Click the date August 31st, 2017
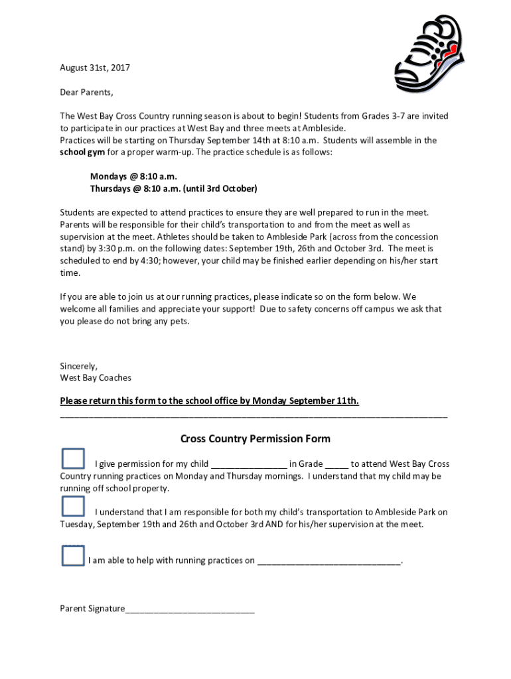click(x=95, y=68)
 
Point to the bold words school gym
click(x=78, y=152)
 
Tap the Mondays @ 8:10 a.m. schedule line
click(x=133, y=176)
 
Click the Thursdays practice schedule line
click(x=173, y=188)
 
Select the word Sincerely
click(x=78, y=366)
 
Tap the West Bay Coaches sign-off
click(x=96, y=378)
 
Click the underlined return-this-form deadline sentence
click(x=209, y=401)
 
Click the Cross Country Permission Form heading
click(x=256, y=439)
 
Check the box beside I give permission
click(x=73, y=459)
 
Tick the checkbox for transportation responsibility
click(x=73, y=507)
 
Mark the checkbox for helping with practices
click(x=73, y=556)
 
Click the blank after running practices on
click(x=329, y=562)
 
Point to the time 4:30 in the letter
click(x=148, y=261)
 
